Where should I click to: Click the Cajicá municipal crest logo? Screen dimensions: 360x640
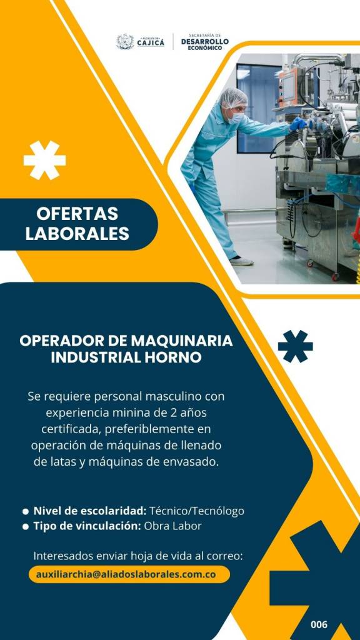(125, 42)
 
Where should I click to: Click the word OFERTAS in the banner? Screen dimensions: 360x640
(77, 214)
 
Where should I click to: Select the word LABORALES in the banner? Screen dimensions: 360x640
(77, 234)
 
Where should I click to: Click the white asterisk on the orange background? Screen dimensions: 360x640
(44, 160)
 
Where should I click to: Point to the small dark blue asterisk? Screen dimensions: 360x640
(295, 346)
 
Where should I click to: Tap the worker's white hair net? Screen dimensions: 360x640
(234, 97)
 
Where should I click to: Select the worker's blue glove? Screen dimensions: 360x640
(297, 124)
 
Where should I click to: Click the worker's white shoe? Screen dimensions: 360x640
(242, 261)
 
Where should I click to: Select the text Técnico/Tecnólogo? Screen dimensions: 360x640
(197, 511)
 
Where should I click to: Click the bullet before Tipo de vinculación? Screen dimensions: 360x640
(26, 526)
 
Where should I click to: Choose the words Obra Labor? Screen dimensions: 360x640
(172, 526)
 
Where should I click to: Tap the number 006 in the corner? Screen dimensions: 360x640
(319, 624)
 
